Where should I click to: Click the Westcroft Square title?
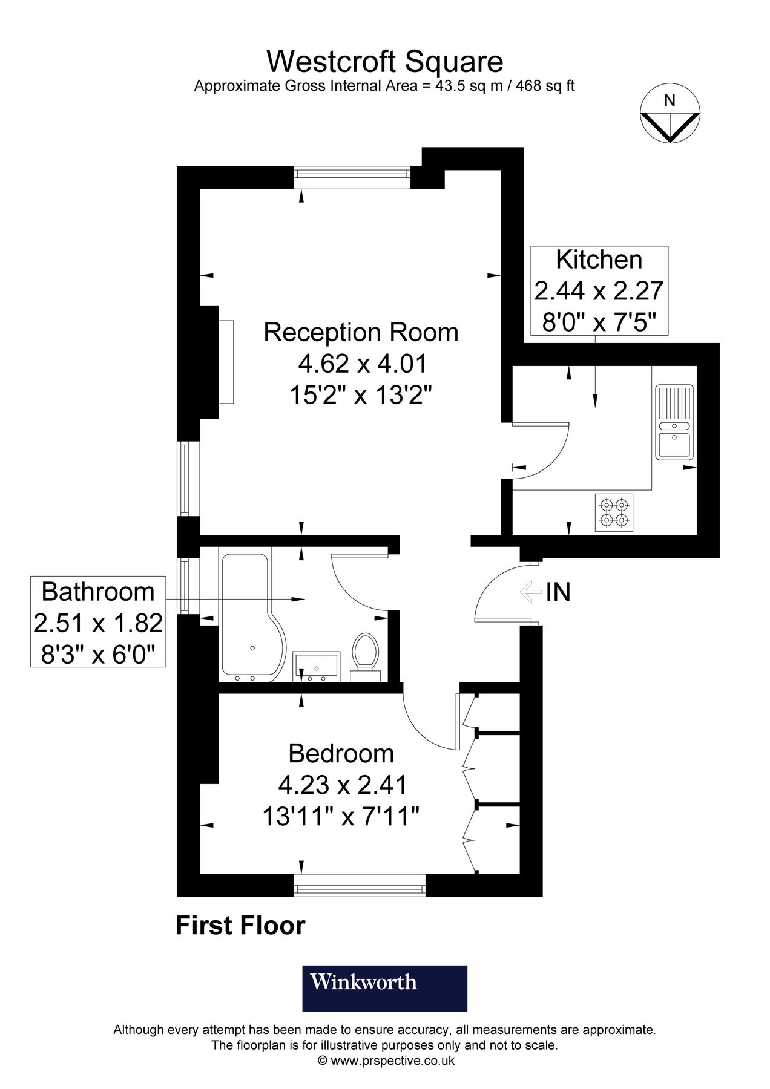click(x=384, y=62)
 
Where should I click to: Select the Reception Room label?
click(x=361, y=333)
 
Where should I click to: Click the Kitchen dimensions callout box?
click(x=599, y=291)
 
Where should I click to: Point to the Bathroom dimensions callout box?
click(x=98, y=622)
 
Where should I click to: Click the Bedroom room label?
click(x=341, y=754)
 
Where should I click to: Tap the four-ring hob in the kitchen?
click(x=614, y=512)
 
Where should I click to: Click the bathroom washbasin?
click(x=317, y=665)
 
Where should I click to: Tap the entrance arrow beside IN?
click(x=530, y=592)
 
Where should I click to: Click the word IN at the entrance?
click(x=558, y=592)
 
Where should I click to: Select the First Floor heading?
click(x=240, y=926)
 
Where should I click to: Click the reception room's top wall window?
click(x=352, y=175)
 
